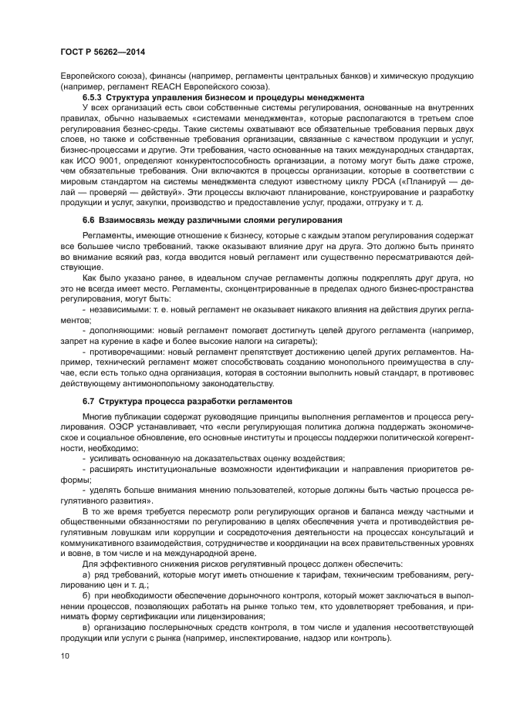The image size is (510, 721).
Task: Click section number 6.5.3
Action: click(93, 98)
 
